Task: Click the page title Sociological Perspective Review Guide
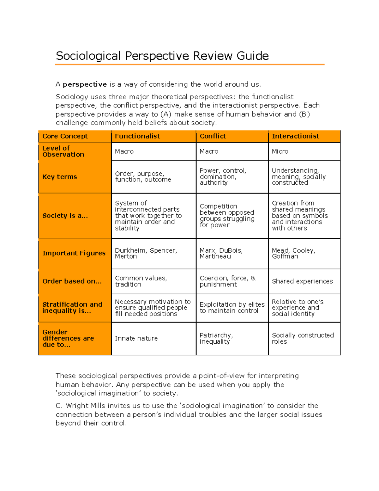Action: tap(162, 56)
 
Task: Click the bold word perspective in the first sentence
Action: tap(85, 84)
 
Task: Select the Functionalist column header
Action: tap(137, 136)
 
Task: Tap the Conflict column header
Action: tap(213, 136)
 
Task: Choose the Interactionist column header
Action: tap(295, 136)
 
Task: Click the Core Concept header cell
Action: tap(65, 136)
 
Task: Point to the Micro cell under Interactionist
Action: tap(280, 151)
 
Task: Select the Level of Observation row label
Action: tap(63, 151)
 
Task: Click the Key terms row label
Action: tap(60, 177)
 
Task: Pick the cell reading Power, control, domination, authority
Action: tap(223, 177)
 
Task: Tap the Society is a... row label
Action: tap(65, 216)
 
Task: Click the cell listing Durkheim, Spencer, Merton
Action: tap(146, 253)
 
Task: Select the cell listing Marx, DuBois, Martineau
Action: tap(221, 253)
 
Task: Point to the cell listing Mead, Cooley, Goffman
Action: tap(293, 253)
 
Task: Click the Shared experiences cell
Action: tap(302, 281)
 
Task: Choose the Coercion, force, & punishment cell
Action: tap(227, 281)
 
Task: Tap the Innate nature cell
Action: tap(136, 339)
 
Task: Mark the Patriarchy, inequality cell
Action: tap(216, 338)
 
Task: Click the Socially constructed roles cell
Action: tap(303, 338)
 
